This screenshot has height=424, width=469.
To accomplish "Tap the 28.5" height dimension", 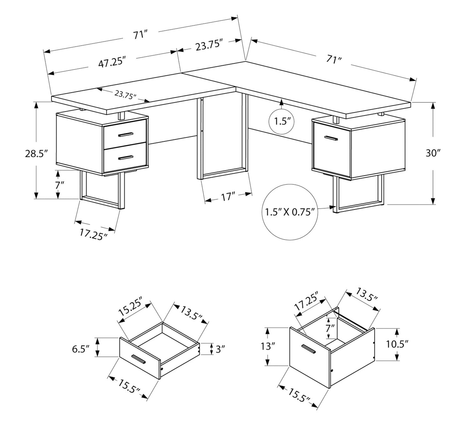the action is click(37, 154).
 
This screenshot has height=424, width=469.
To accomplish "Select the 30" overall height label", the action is click(433, 154).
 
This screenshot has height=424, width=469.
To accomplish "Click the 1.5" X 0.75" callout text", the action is click(290, 212).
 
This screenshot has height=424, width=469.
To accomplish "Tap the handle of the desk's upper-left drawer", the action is click(126, 134).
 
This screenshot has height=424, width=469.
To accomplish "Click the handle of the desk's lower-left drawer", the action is click(126, 158).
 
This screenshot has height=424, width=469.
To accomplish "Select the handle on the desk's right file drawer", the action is click(331, 138).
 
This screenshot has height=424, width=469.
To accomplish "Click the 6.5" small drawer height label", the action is click(81, 349).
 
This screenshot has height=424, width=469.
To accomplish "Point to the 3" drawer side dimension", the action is click(220, 349).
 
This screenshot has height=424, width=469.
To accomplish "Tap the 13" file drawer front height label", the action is click(268, 346).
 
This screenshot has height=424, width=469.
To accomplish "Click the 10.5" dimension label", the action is click(397, 344).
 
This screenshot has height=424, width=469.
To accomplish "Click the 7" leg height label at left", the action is click(59, 184).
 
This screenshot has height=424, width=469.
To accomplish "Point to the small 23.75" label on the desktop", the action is click(125, 95).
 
